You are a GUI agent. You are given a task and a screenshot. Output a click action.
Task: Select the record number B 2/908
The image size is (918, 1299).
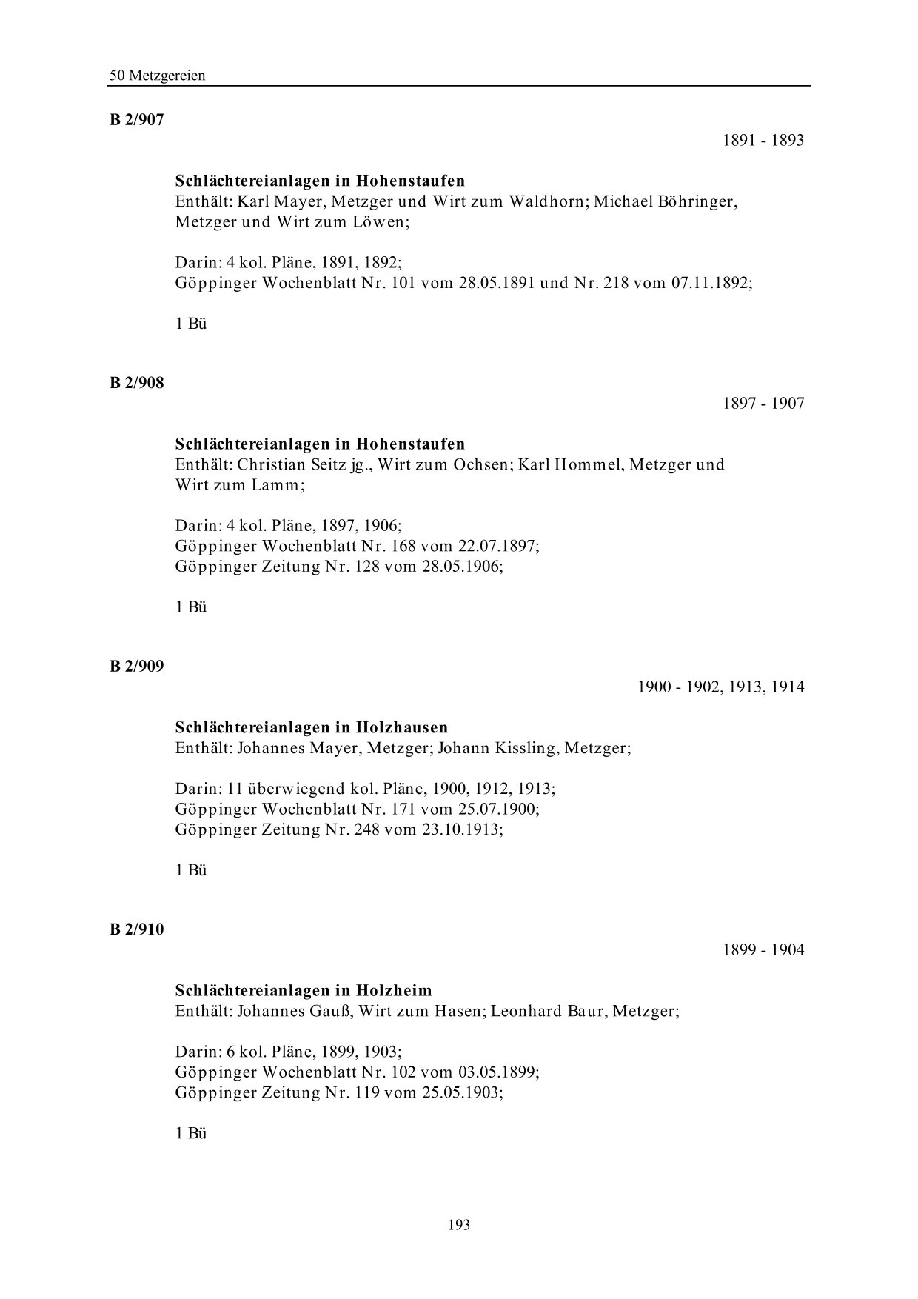pos(137,383)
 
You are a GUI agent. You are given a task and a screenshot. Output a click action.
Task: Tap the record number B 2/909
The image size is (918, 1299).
pos(137,666)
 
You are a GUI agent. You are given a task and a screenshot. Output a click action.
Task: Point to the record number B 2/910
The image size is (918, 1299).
pos(137,929)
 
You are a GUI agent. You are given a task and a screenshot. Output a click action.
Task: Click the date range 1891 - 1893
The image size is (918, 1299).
pos(763,141)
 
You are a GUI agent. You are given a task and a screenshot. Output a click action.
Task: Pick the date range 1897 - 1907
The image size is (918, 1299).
pos(763,404)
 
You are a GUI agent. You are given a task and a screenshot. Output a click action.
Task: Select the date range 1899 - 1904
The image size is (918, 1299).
pos(763,950)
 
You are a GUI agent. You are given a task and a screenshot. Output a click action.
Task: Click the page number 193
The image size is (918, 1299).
pos(459,1225)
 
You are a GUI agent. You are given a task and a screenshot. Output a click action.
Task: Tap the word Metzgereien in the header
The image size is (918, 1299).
pos(167,76)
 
